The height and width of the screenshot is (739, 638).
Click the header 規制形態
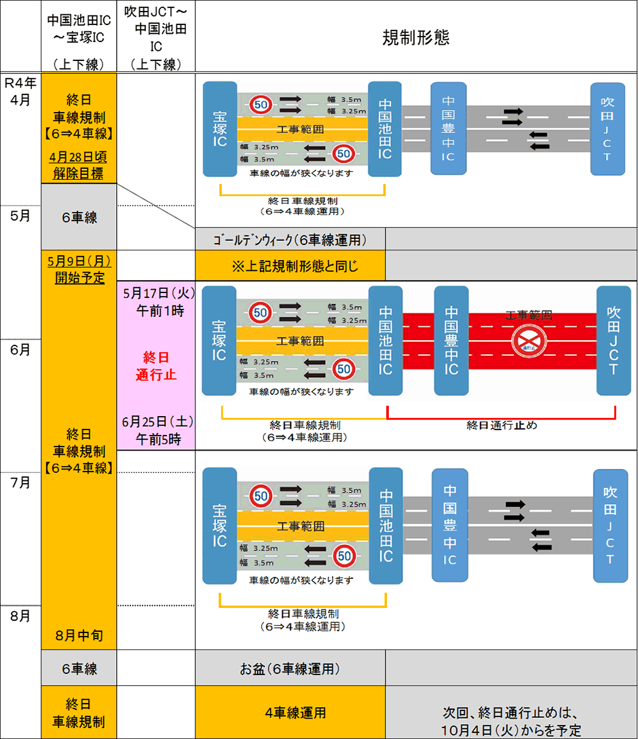tap(416, 37)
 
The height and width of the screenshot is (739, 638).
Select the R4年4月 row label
tap(20, 90)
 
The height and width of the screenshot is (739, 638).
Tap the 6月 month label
tap(20, 349)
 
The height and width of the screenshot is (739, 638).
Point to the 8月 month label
tap(20, 616)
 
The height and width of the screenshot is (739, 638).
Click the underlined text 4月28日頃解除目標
tap(78, 165)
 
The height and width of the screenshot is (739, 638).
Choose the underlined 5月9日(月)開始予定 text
tap(79, 269)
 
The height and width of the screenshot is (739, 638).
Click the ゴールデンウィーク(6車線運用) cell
tap(290, 240)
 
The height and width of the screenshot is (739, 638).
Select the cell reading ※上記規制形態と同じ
tap(290, 265)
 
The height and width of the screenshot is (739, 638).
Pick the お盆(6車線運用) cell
tap(290, 668)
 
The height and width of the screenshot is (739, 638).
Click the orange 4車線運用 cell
tap(290, 713)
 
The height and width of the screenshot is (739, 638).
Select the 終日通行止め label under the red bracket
tap(501, 425)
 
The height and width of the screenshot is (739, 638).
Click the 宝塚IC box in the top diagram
tap(219, 129)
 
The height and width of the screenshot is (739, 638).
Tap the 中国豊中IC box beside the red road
tap(451, 341)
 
